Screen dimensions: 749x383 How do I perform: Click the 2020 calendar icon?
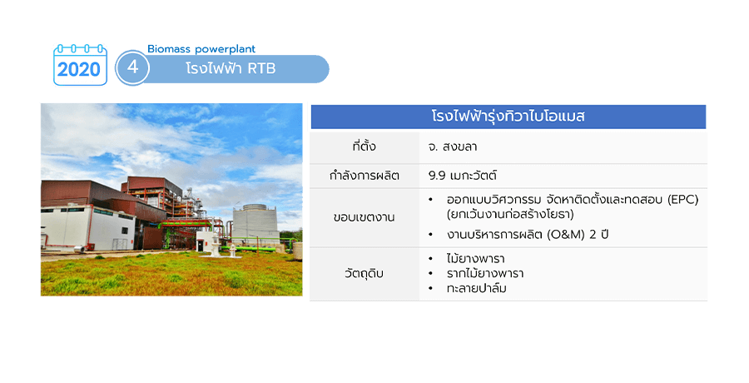(80, 65)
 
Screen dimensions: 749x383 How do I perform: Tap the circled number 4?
(132, 67)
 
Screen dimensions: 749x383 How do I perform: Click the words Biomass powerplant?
(201, 49)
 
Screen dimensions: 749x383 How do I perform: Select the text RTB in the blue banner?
(261, 69)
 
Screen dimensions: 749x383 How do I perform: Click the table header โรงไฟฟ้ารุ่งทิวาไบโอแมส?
(508, 117)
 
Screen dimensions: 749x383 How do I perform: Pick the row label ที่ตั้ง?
(364, 146)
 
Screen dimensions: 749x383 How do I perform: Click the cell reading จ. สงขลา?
(453, 147)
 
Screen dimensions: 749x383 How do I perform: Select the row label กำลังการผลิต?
(364, 176)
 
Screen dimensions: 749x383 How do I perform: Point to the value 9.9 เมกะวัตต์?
(463, 176)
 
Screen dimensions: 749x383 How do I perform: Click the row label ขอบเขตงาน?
(364, 217)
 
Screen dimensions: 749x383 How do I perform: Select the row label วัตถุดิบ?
(364, 274)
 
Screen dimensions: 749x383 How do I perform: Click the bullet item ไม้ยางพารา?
(476, 259)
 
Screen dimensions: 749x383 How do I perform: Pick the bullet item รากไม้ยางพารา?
(485, 273)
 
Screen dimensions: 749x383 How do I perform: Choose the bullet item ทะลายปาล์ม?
(477, 288)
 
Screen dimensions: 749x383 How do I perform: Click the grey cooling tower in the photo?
(255, 225)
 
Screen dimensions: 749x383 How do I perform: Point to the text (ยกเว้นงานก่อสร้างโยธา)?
(510, 214)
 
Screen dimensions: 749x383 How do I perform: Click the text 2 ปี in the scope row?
(598, 235)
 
